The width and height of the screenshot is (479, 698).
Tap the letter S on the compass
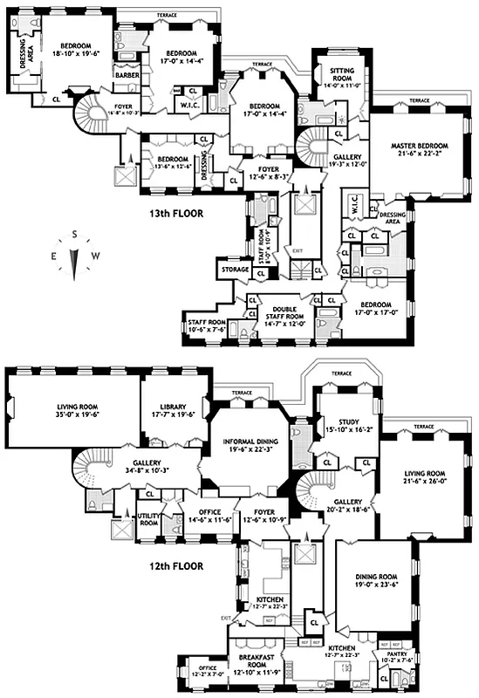(76, 234)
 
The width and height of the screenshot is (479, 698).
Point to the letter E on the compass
(55, 255)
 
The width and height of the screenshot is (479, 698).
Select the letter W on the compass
(97, 255)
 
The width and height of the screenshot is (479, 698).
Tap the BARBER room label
(127, 75)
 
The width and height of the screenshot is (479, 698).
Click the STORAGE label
(236, 270)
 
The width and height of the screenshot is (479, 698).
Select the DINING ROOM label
(374, 577)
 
